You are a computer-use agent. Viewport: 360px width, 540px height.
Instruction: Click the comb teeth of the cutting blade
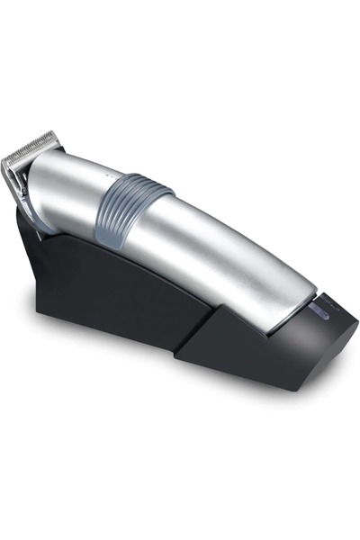point(27,149)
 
